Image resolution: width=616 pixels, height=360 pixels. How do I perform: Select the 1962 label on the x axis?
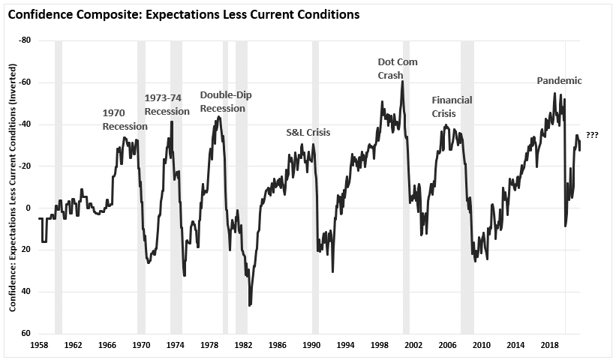(x=73, y=345)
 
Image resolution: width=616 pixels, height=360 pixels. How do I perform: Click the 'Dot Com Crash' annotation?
(x=396, y=68)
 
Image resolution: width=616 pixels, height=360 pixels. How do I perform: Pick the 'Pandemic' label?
(x=559, y=81)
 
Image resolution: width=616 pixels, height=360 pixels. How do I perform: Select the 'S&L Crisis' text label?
(x=308, y=133)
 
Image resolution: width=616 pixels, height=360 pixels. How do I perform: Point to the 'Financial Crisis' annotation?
(x=452, y=106)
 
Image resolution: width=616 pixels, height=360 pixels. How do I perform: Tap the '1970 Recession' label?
(x=125, y=119)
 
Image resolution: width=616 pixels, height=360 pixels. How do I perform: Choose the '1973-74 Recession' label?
(x=167, y=105)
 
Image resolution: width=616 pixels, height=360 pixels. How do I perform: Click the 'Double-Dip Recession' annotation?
(x=222, y=101)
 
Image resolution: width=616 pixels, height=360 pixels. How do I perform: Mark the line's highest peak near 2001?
(x=403, y=81)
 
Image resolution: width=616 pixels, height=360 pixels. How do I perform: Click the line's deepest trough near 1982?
(x=250, y=304)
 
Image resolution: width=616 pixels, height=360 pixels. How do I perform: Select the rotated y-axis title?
(x=12, y=187)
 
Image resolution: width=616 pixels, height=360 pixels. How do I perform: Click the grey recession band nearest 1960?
(x=59, y=187)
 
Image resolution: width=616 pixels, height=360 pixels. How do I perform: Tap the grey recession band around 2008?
(x=467, y=187)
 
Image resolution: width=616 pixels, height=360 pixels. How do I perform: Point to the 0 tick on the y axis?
(x=29, y=208)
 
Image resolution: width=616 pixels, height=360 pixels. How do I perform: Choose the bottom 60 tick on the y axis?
(x=26, y=333)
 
